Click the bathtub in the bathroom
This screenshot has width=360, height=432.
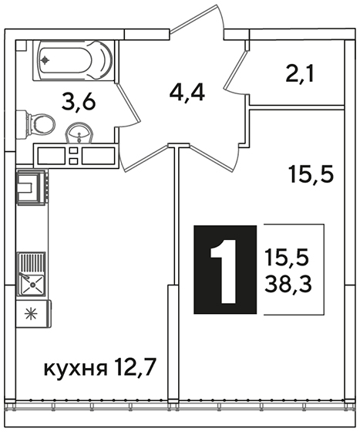pos(73,61)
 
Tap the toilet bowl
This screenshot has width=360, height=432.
pos(35,124)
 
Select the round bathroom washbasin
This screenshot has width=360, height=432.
pos(79,133)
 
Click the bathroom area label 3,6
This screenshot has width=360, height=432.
pos(79,102)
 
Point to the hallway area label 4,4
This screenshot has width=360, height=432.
pos(187,93)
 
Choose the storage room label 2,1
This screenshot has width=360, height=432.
pos(299,73)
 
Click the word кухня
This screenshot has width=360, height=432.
pos(76,370)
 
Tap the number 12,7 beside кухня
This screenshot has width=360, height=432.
pos(134,367)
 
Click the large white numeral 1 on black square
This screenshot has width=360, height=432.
pos(224,272)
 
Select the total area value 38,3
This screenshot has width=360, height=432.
pos(288,285)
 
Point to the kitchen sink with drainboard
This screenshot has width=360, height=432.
pos(31,274)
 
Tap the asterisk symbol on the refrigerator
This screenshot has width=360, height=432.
pos(31,314)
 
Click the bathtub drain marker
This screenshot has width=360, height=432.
pos(45,60)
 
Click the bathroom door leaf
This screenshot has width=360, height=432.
pos(129,104)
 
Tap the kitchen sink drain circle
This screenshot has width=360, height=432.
pos(32,285)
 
